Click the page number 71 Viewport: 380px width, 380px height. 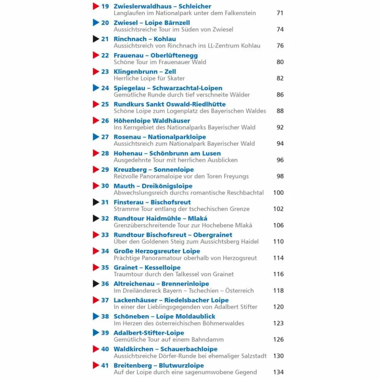[280, 13]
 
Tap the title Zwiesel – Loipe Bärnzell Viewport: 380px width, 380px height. [151, 23]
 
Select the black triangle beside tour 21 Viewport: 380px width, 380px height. [96, 39]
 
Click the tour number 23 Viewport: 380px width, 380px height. [105, 72]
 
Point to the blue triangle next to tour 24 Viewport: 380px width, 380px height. [96, 88]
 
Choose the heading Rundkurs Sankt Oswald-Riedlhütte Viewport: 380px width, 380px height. [169, 104]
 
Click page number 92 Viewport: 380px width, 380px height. [280, 127]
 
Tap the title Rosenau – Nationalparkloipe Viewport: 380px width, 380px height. [159, 137]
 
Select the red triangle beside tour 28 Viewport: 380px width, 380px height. [96, 153]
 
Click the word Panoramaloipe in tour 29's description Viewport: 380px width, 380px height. [160, 176]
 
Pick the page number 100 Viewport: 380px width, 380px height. [278, 192]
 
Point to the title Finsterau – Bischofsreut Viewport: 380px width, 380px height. [152, 202]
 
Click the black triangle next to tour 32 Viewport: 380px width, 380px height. [96, 218]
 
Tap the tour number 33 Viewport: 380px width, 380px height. [105, 235]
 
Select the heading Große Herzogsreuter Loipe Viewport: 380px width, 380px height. [157, 251]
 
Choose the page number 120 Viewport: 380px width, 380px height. [278, 307]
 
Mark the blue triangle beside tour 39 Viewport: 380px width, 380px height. [96, 332]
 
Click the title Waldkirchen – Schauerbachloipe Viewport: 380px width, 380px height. [165, 349]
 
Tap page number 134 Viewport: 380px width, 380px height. [278, 372]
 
